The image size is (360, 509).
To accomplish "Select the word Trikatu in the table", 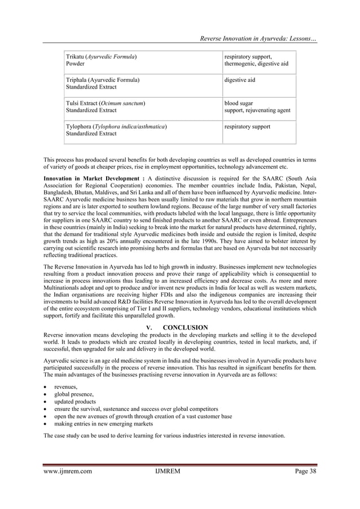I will (x=75, y=57).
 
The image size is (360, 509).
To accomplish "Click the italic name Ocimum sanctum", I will (x=124, y=104).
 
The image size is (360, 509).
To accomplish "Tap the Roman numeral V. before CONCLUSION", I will (x=149, y=327).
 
